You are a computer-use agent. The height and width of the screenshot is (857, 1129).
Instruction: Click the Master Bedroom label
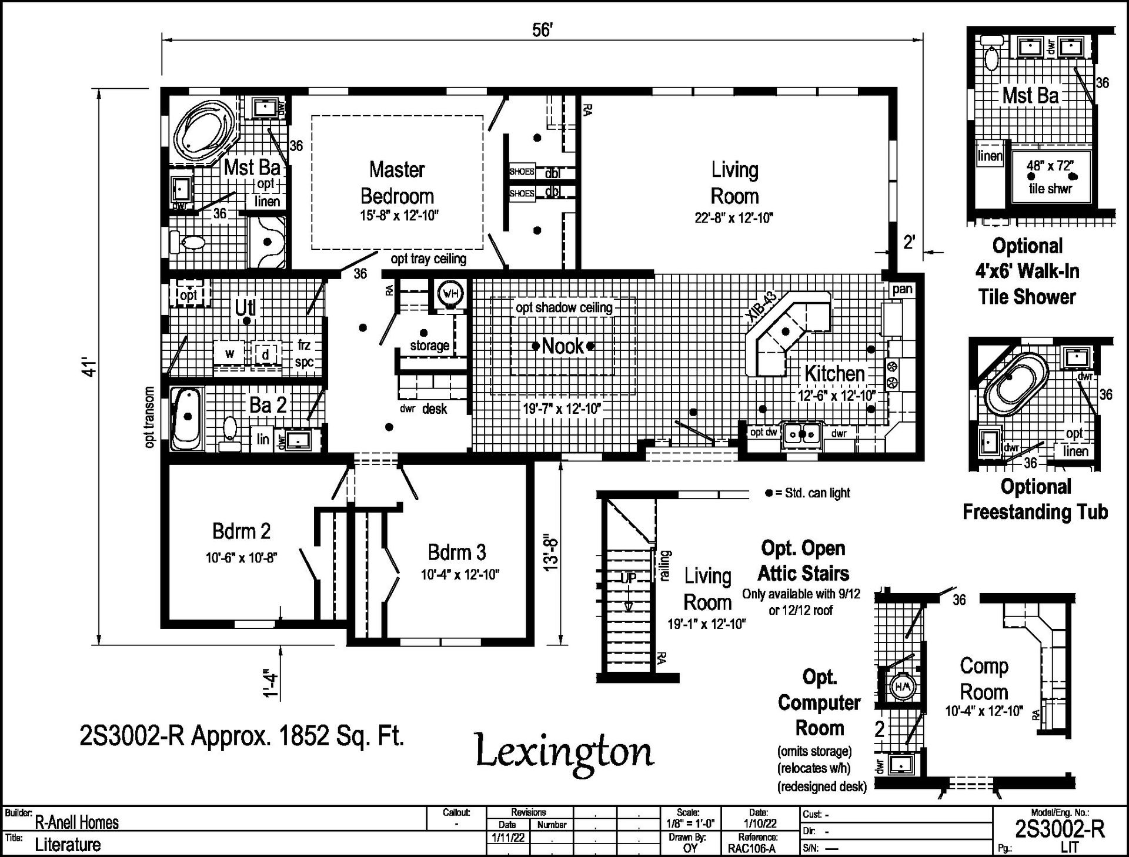pyautogui.click(x=397, y=183)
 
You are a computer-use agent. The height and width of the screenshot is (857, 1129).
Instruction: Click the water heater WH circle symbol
pyautogui.click(x=450, y=293)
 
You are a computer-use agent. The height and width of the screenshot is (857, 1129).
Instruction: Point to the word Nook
pyautogui.click(x=563, y=346)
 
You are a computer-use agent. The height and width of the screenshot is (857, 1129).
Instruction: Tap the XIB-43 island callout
pyautogui.click(x=761, y=306)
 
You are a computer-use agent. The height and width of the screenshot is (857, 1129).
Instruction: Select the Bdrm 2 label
pyautogui.click(x=241, y=531)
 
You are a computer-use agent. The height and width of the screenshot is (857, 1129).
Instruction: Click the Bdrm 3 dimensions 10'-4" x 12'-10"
pyautogui.click(x=460, y=575)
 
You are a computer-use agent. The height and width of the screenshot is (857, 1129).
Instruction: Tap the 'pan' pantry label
pyautogui.click(x=902, y=289)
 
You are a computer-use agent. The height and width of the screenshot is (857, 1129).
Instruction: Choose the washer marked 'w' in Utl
pyautogui.click(x=230, y=353)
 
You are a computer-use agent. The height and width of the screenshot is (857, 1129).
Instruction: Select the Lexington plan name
pyautogui.click(x=564, y=753)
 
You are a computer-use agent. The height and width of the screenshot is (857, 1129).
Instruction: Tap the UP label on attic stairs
pyautogui.click(x=628, y=578)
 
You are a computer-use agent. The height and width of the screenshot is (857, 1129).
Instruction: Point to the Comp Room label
pyautogui.click(x=984, y=679)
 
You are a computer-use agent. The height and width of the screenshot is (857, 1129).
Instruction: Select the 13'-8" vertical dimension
pyautogui.click(x=550, y=553)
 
